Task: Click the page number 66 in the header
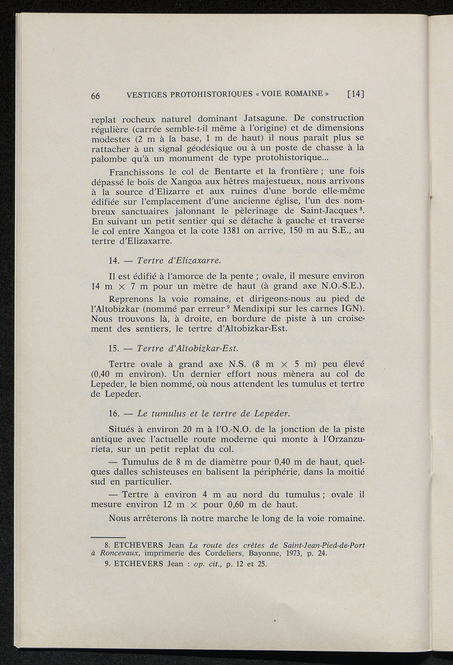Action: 96,96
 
